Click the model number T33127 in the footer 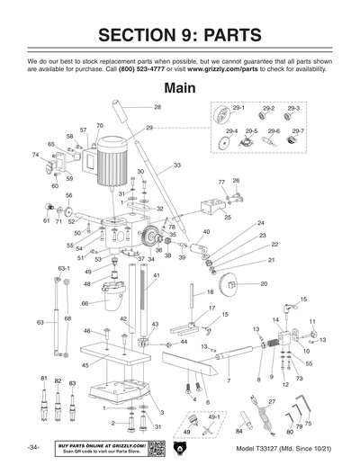[260, 448]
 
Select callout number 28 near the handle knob [157, 107]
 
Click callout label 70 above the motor [99, 125]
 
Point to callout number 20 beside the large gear [264, 283]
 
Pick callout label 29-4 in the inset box [231, 131]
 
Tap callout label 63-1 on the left [64, 268]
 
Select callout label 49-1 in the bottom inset [213, 417]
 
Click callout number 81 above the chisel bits [43, 380]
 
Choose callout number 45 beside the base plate [85, 365]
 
